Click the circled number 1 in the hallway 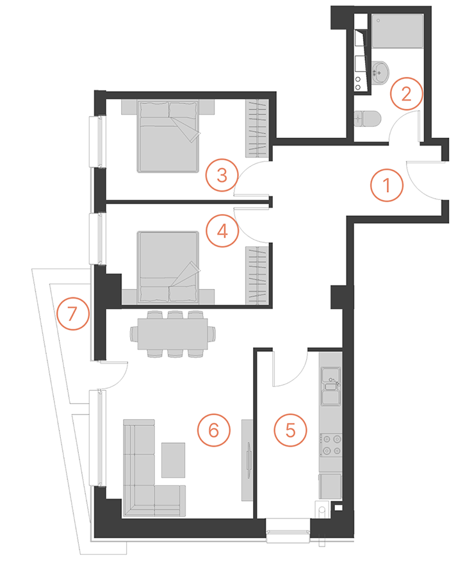click(x=387, y=185)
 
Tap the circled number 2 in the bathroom click(x=406, y=94)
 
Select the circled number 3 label click(x=222, y=176)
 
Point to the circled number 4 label click(x=222, y=231)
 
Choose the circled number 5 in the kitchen click(x=290, y=430)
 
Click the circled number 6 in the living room click(x=213, y=430)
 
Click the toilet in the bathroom click(x=367, y=119)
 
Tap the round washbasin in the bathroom click(x=380, y=73)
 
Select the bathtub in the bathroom click(x=398, y=31)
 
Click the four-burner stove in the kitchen click(x=331, y=445)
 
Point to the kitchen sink click(x=331, y=386)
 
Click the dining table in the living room click(x=173, y=334)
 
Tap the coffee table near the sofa click(x=173, y=460)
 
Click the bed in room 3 click(x=168, y=136)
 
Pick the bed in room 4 click(x=168, y=268)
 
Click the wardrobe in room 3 click(x=257, y=128)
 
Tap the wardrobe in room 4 click(x=257, y=276)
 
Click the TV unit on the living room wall click(x=247, y=460)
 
